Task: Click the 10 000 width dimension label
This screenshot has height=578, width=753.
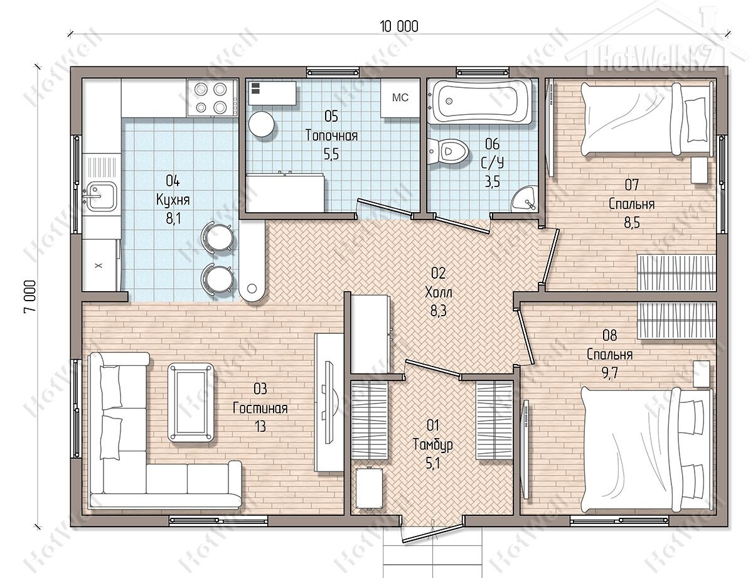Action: pyautogui.click(x=399, y=27)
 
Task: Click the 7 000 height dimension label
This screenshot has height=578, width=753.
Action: pyautogui.click(x=29, y=297)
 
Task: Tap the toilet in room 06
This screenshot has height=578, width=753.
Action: pyautogui.click(x=448, y=151)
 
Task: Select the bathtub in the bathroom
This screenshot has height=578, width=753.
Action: pyautogui.click(x=479, y=101)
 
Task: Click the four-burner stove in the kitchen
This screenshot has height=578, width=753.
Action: pyautogui.click(x=213, y=98)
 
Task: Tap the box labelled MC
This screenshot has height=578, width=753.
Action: pyautogui.click(x=400, y=98)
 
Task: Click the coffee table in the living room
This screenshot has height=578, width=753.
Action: pyautogui.click(x=191, y=402)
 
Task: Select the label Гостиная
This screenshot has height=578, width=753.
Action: pyautogui.click(x=260, y=408)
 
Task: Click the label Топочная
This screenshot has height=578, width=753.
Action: pyautogui.click(x=331, y=136)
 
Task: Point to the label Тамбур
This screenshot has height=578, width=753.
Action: pyautogui.click(x=433, y=444)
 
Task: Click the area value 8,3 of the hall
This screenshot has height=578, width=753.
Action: pyautogui.click(x=439, y=311)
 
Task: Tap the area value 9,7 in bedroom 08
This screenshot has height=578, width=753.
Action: pyautogui.click(x=609, y=373)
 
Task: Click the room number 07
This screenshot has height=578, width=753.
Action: pyautogui.click(x=631, y=185)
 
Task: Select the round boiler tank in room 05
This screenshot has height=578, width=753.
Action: pyautogui.click(x=262, y=124)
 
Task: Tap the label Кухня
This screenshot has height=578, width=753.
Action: pyautogui.click(x=173, y=200)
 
